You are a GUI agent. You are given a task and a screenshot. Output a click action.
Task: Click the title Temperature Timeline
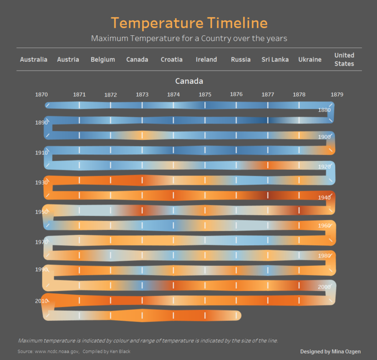[189, 23]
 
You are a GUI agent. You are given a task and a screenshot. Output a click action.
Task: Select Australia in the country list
[34, 59]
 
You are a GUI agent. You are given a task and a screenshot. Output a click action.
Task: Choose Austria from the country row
[68, 59]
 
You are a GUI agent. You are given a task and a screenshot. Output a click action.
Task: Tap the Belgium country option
[103, 59]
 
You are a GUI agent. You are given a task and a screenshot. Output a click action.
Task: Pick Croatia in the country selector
[172, 59]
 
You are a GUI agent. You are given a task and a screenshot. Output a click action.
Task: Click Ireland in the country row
[206, 59]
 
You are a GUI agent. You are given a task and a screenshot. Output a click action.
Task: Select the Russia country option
[241, 59]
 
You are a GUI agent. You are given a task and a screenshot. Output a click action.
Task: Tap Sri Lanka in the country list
[275, 59]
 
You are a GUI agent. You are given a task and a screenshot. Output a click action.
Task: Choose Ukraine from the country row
[310, 59]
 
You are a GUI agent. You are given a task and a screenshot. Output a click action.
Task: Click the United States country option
[344, 59]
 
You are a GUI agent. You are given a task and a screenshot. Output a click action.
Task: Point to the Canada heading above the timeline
[189, 81]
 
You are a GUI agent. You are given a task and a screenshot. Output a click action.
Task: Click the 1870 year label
[42, 94]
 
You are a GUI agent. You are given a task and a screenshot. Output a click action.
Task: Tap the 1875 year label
[205, 94]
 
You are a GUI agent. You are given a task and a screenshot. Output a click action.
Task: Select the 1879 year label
[337, 94]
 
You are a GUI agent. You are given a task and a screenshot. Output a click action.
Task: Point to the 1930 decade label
[41, 182]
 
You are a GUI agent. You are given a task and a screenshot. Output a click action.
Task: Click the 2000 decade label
[324, 287]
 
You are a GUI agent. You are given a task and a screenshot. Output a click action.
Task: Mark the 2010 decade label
[41, 301]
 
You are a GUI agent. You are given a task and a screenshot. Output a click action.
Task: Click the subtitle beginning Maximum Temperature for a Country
[189, 38]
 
